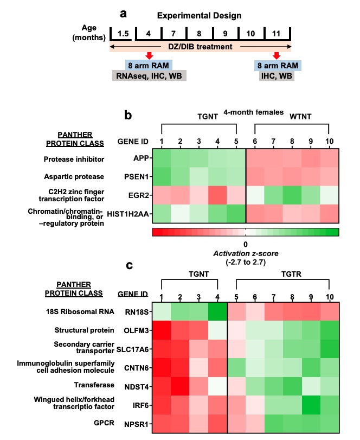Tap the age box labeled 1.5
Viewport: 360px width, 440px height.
point(123,34)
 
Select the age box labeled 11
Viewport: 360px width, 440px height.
point(277,34)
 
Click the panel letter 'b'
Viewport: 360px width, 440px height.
point(129,115)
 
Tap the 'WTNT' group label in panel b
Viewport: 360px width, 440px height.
point(292,117)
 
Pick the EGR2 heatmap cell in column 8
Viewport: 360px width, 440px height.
point(292,194)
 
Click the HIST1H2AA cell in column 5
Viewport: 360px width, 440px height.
point(236,213)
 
